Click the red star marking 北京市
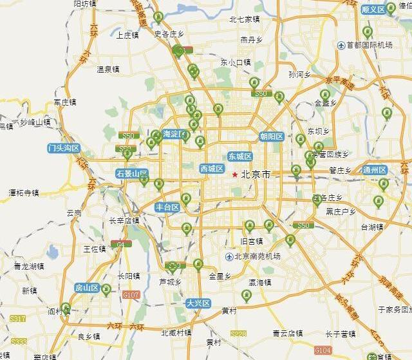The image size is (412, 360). [235, 174]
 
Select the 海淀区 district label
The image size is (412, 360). [174, 134]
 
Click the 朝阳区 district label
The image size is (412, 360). [272, 136]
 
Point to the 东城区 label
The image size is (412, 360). [240, 156]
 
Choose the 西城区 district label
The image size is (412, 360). [211, 169]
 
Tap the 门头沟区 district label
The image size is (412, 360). [63, 148]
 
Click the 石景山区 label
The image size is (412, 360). [132, 174]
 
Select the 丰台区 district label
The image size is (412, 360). [167, 207]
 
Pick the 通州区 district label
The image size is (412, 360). [374, 170]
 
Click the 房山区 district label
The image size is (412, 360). [86, 287]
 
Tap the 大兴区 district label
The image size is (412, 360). [198, 303]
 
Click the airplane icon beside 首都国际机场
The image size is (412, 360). [341, 45]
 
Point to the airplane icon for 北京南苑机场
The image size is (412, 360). [229, 256]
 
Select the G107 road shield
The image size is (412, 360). [131, 295]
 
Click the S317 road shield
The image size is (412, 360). [17, 319]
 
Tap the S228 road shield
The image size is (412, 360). [238, 334]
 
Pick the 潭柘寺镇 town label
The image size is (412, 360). [24, 193]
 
